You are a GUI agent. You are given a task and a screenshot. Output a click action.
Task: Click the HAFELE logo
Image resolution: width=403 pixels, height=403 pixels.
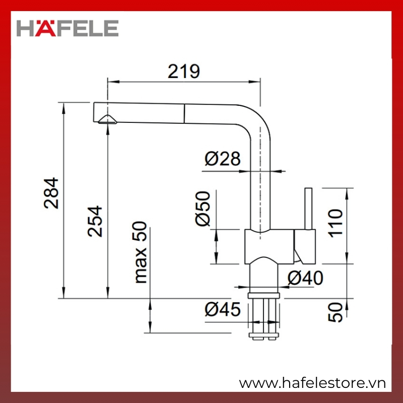pos(68,28)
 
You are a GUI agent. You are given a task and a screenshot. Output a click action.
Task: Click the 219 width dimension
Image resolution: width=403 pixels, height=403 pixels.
pos(183,71)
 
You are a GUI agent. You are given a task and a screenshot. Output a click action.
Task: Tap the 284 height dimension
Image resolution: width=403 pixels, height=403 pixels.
pos(51,193)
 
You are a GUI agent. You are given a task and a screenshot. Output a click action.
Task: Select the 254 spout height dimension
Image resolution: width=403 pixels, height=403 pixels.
pos(95,221)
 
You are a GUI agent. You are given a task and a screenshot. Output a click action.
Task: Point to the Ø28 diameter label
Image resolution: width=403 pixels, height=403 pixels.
pos(223,159)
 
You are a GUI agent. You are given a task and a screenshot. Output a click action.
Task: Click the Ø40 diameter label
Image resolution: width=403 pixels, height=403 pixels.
pos(305,278)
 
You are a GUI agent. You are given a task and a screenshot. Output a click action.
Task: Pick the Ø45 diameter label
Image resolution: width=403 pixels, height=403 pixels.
pos(223,309)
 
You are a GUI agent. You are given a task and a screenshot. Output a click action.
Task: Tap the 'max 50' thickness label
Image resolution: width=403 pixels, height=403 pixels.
pos(141,252)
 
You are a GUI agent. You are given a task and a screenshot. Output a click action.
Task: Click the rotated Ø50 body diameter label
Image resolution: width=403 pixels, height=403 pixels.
pos(203,209)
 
